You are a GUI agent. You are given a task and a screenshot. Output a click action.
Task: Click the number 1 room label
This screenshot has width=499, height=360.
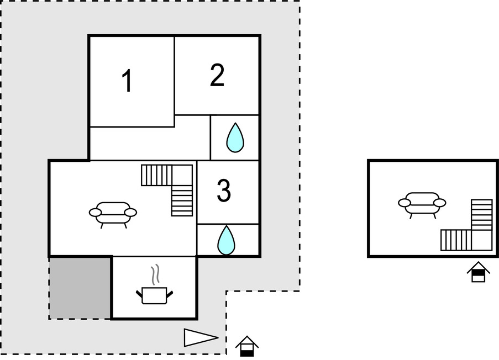(x=128, y=82)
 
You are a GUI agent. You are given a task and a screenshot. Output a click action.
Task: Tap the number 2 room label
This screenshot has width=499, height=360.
(x=217, y=76)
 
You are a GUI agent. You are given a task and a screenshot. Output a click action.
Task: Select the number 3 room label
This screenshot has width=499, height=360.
(x=223, y=190)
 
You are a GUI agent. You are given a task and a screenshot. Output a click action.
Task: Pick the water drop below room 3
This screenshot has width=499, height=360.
(x=225, y=240)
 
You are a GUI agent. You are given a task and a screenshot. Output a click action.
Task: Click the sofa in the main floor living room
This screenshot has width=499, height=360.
(x=113, y=213)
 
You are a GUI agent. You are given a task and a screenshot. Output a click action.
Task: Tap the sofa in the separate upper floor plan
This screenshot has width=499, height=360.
(x=422, y=203)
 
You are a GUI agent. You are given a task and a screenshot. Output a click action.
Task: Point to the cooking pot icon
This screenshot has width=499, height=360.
(x=154, y=295)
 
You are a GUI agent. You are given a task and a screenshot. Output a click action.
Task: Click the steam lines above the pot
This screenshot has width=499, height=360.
(x=156, y=274)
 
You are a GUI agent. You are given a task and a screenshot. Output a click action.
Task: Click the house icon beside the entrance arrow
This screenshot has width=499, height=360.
(x=247, y=347)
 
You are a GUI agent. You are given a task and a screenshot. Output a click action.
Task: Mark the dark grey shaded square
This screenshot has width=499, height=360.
(x=81, y=287)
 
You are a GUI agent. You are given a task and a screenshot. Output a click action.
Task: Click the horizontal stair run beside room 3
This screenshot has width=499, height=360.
(x=157, y=175)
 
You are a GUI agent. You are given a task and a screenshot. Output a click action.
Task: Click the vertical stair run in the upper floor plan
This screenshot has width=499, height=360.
(x=481, y=214)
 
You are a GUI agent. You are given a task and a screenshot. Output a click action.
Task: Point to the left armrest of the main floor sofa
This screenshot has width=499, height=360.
(x=94, y=212)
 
